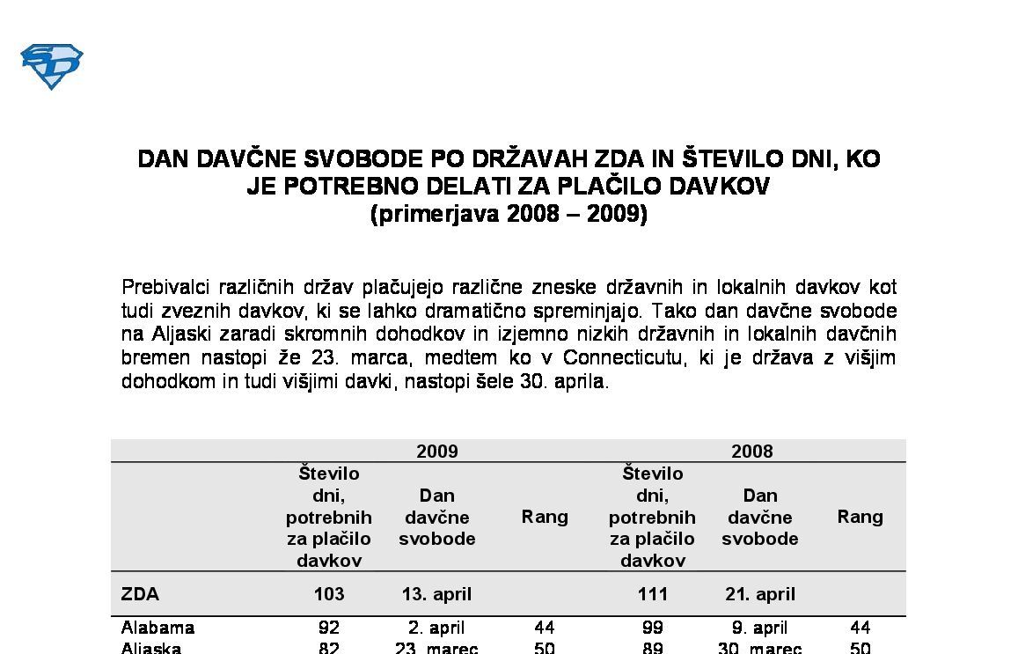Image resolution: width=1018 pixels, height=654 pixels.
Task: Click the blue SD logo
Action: (x=51, y=67)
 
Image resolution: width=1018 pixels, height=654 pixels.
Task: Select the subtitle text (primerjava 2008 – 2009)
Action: (x=509, y=214)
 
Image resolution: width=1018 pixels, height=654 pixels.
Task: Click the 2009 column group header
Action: (x=436, y=452)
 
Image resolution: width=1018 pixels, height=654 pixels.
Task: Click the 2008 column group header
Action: (x=751, y=452)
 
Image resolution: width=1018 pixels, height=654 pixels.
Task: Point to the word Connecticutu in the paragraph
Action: (x=619, y=358)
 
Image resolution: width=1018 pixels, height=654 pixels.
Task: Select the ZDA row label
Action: (x=140, y=594)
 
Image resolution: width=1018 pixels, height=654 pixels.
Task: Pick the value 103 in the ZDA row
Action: (x=329, y=594)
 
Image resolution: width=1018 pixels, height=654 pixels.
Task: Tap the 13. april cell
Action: (x=436, y=594)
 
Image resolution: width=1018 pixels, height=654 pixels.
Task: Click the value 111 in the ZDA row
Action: (x=652, y=594)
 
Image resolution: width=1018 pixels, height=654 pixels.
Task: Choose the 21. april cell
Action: (x=759, y=594)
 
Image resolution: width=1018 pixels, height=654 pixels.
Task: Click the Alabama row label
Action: (x=157, y=628)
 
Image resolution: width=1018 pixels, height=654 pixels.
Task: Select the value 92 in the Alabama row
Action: (x=329, y=628)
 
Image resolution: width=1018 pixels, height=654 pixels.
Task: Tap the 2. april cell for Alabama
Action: (x=436, y=628)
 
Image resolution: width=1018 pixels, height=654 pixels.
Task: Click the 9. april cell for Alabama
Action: (x=759, y=628)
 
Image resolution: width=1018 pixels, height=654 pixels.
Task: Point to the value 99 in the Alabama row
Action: (x=652, y=628)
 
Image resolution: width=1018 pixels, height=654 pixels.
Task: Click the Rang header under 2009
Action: (x=545, y=517)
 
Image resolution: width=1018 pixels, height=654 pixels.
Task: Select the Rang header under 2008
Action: (x=860, y=517)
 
